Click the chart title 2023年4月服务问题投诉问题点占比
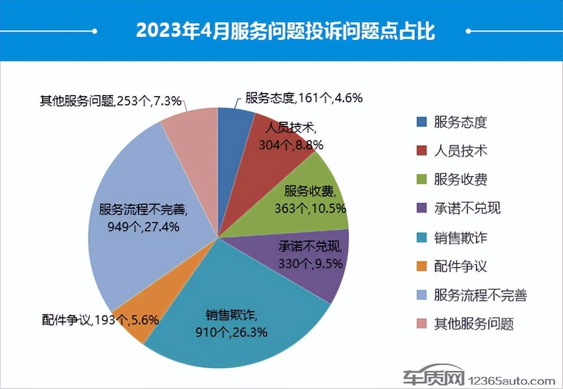(285, 31)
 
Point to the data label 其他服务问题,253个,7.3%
(111, 101)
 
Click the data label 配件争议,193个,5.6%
(100, 320)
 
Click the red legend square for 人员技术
(422, 151)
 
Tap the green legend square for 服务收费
(422, 180)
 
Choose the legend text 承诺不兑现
(467, 208)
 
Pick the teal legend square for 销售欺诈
(422, 237)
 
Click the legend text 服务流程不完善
(480, 295)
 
